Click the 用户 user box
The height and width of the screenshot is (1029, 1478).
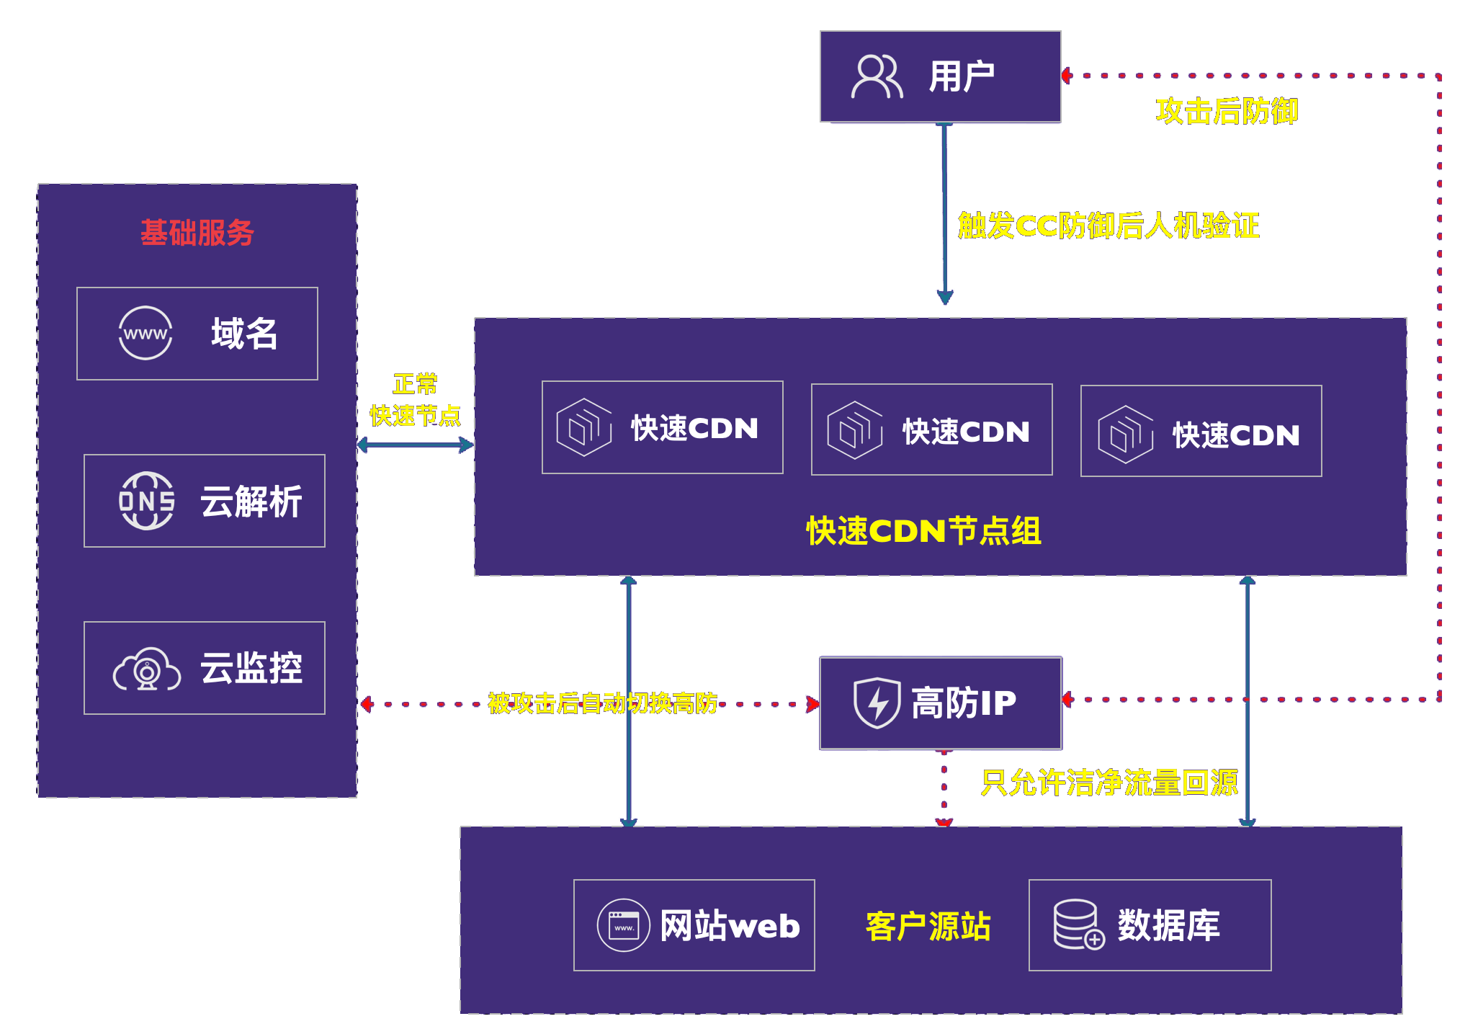tap(940, 76)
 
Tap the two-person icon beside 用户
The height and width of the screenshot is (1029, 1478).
tap(877, 76)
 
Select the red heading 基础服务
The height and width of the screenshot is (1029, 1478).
tap(197, 233)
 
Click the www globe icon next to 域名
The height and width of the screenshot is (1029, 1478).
tap(145, 333)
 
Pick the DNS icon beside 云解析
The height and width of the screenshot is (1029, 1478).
tap(146, 501)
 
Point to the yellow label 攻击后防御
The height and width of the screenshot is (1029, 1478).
tap(1226, 111)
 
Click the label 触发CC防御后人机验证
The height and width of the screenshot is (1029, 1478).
tap(1108, 226)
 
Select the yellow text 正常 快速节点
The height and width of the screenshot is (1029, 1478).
tap(415, 400)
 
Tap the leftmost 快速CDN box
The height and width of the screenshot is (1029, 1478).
tap(662, 427)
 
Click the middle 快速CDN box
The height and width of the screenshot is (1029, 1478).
tap(931, 429)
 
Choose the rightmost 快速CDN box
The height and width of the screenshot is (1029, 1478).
tap(1201, 431)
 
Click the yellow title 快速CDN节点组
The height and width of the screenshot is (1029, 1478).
tap(923, 531)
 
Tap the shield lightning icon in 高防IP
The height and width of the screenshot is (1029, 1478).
tap(877, 703)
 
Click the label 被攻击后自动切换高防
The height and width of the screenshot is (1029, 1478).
tap(602, 703)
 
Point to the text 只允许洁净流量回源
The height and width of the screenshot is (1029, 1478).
tap(1109, 783)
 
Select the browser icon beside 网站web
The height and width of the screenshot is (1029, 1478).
tap(624, 925)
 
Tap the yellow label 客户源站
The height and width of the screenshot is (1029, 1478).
tap(928, 926)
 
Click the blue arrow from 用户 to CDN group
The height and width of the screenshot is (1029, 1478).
tap(944, 216)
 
